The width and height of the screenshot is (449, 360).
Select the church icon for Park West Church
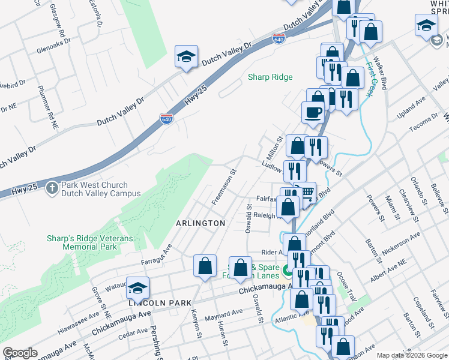point(52,188)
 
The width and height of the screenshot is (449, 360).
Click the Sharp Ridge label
point(270,77)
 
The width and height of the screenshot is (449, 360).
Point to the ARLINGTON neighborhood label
point(200,223)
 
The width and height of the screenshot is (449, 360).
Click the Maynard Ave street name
point(223,313)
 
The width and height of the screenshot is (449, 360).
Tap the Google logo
point(20,353)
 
